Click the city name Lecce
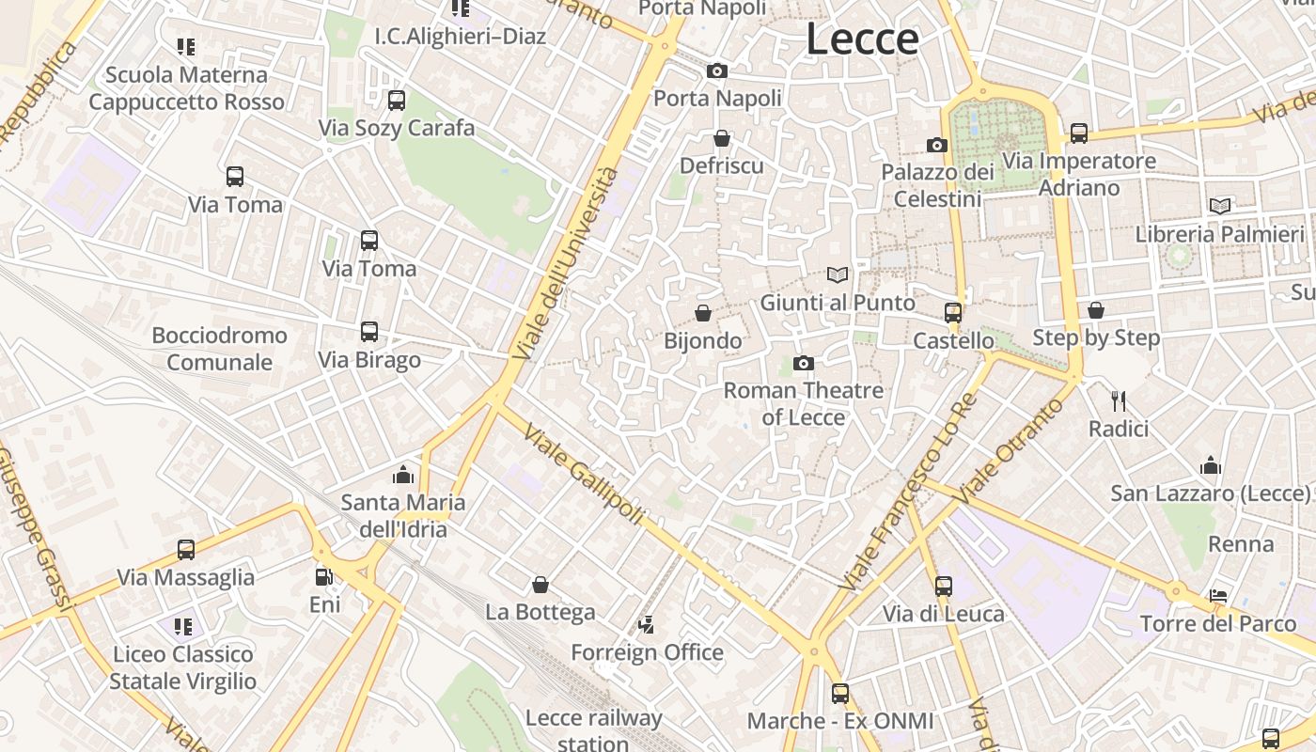coord(862,39)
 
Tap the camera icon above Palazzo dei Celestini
coord(937,145)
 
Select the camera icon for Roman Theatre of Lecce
coord(804,363)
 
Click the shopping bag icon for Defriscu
coord(722,138)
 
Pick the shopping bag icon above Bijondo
coord(703,312)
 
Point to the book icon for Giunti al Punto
coord(838,274)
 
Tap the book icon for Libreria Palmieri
coord(1220,206)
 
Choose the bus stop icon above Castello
coord(953,312)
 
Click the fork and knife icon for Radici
coord(1119,401)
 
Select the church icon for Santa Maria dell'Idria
coord(403,474)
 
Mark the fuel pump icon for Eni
coord(324,576)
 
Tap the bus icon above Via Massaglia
coord(186,549)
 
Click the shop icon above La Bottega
coord(540,585)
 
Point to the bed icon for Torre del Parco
coord(1218,596)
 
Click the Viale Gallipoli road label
coord(584,475)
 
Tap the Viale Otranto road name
coord(1011,450)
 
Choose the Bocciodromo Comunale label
coord(220,349)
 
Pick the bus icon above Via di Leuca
coord(944,586)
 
